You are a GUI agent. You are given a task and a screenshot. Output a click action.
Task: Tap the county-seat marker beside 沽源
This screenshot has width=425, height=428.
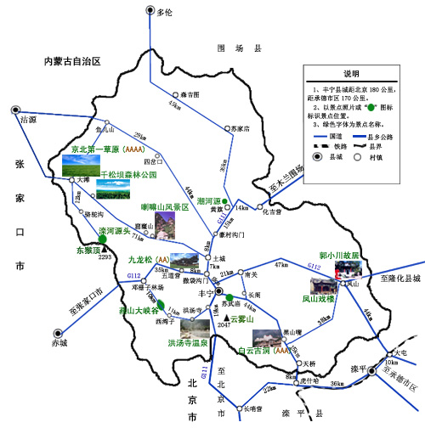15,110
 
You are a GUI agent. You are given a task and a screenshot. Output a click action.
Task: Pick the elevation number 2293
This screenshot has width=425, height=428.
105,257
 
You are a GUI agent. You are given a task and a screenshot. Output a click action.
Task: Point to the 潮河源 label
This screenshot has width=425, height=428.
209,200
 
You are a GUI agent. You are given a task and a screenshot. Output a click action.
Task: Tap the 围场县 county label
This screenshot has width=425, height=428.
231,48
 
